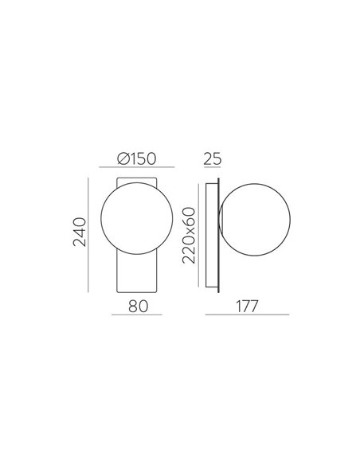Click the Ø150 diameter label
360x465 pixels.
tap(132, 158)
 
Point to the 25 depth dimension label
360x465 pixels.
tap(211, 158)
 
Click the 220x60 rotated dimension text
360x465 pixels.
tap(189, 236)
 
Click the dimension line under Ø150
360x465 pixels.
tap(132, 168)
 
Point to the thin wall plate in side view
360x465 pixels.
tap(213, 236)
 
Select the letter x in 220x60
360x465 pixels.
tap(189, 230)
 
